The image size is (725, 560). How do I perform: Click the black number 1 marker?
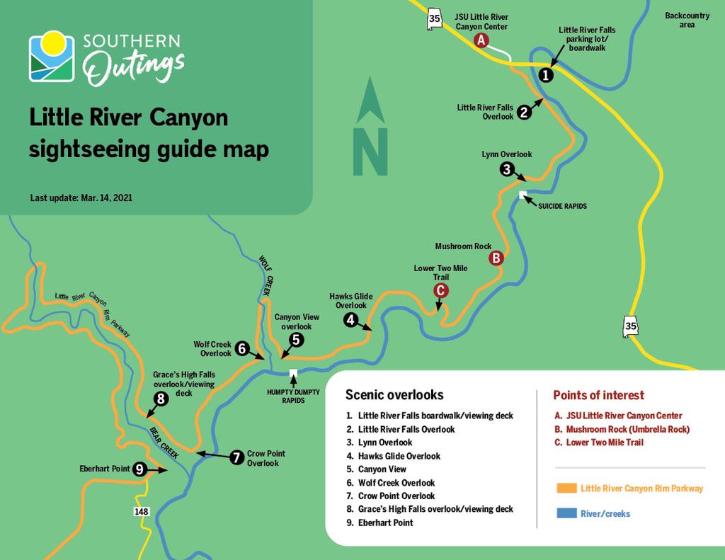(546, 75)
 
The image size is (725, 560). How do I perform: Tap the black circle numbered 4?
(351, 320)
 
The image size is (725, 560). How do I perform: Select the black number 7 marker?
(237, 458)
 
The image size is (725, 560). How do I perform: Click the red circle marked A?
(481, 40)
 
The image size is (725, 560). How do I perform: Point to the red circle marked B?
(496, 258)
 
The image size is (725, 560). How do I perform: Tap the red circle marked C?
(440, 290)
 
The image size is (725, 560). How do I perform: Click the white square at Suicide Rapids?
(523, 195)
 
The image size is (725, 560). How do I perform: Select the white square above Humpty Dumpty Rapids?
(293, 373)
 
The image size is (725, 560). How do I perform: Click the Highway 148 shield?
(141, 510)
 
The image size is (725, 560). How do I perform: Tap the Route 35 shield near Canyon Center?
(434, 18)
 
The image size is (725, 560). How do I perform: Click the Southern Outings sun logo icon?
(52, 56)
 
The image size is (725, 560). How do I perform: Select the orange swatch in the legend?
(566, 488)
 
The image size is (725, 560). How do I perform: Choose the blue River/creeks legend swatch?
(566, 513)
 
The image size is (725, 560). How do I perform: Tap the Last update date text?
(81, 198)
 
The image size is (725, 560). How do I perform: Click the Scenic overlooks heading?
(394, 395)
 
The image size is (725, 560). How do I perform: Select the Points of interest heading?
(598, 395)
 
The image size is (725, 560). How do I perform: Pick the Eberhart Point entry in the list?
(385, 522)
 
